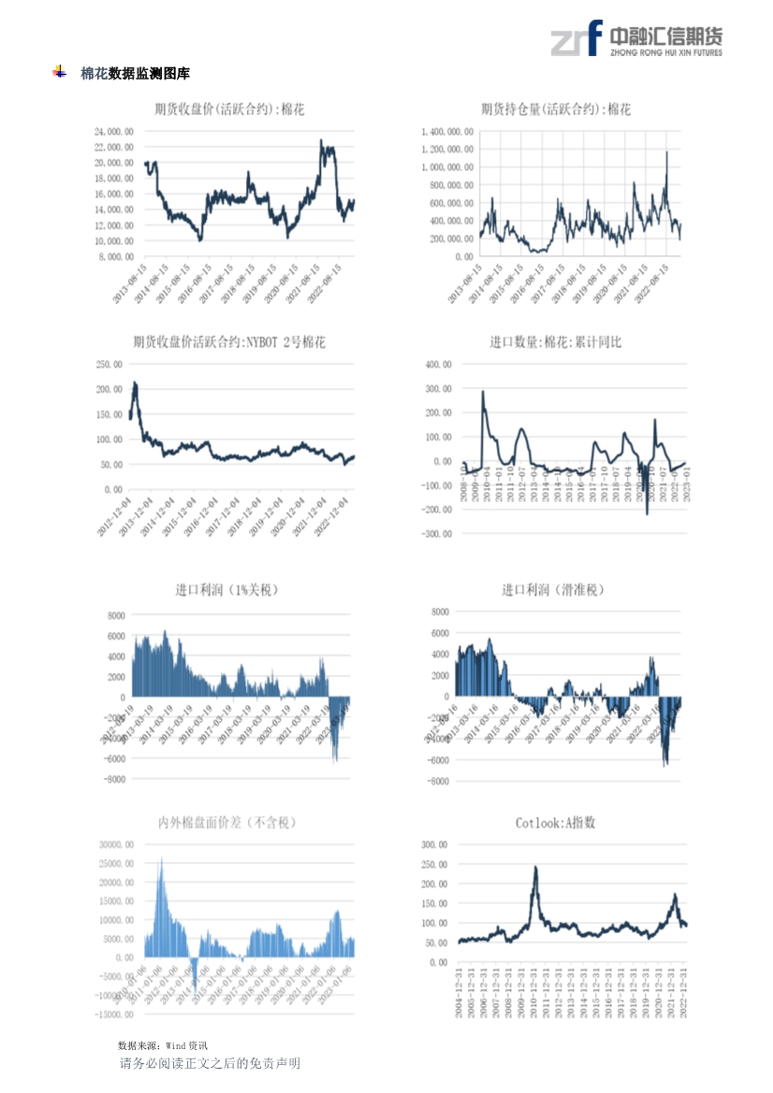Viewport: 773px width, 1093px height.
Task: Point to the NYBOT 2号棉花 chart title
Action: tap(229, 342)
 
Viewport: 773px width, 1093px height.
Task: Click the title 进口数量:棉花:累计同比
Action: tap(555, 342)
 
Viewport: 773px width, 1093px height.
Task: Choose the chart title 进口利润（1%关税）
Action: tap(226, 590)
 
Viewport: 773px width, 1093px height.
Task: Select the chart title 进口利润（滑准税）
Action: tap(553, 590)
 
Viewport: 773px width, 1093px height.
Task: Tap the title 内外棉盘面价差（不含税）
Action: tap(226, 823)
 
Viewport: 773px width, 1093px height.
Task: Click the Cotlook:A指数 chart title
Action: tap(555, 823)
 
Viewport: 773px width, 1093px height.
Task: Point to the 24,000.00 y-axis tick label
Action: tap(114, 132)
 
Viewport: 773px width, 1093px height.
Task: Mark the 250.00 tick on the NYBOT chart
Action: tap(110, 364)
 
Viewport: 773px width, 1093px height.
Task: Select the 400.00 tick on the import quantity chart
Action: tap(439, 364)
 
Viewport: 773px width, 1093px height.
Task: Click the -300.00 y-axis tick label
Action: tap(437, 534)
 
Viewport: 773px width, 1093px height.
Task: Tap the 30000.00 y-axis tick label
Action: tap(117, 844)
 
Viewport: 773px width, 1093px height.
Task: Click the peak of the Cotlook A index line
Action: tap(535, 867)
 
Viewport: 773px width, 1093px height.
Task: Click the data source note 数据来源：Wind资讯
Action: tap(163, 1044)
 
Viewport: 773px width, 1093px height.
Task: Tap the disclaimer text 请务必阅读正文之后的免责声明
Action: tap(210, 1063)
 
